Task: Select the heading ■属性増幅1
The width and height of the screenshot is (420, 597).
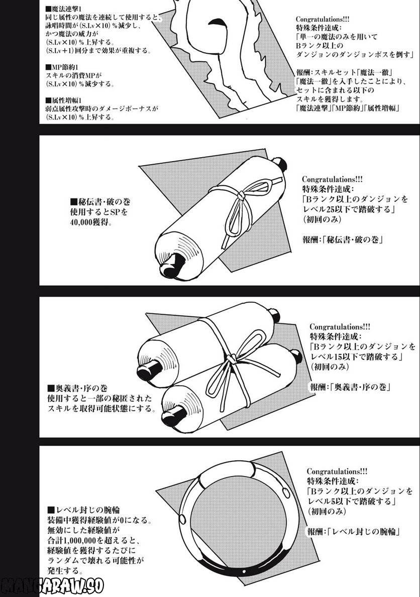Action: (x=62, y=100)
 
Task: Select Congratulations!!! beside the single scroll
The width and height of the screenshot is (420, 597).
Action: (x=333, y=179)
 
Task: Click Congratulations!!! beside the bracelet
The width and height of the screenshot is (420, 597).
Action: (x=337, y=471)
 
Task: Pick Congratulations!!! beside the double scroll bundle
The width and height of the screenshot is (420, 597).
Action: (x=340, y=327)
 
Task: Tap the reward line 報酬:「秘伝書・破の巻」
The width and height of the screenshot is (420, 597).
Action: (x=343, y=240)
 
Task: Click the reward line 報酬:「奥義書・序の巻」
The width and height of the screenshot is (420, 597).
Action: (x=350, y=387)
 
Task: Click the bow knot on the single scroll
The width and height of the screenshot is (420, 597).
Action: (x=241, y=196)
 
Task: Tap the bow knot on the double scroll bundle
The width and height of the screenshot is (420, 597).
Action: (x=231, y=359)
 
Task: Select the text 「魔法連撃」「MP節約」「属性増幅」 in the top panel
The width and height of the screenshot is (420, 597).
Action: (x=348, y=108)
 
